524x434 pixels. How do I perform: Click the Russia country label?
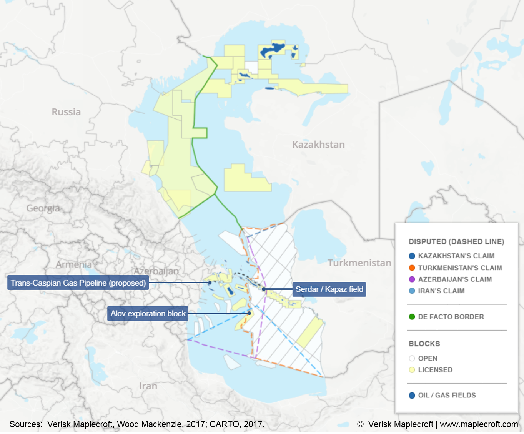66,112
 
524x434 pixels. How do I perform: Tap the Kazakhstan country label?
318,145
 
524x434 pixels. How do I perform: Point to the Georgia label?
43,208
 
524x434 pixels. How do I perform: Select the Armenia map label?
74,264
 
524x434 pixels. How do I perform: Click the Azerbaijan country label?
156,271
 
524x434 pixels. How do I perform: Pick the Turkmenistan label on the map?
359,263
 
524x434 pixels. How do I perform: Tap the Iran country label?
148,386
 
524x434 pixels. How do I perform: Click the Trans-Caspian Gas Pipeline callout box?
78,283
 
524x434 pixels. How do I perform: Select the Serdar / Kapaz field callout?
329,289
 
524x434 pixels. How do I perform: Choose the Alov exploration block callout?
148,314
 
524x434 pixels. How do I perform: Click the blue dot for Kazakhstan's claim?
412,256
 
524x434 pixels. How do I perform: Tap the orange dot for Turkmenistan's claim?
412,268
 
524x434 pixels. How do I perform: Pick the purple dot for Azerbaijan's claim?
412,279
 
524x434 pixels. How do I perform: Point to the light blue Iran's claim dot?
412,291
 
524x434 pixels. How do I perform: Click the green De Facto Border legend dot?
412,317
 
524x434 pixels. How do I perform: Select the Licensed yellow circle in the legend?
412,370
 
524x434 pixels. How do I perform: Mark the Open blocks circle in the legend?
412,358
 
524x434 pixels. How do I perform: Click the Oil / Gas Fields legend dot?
412,395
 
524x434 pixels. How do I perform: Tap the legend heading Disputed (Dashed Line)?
456,242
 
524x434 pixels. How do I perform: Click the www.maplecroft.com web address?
479,424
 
